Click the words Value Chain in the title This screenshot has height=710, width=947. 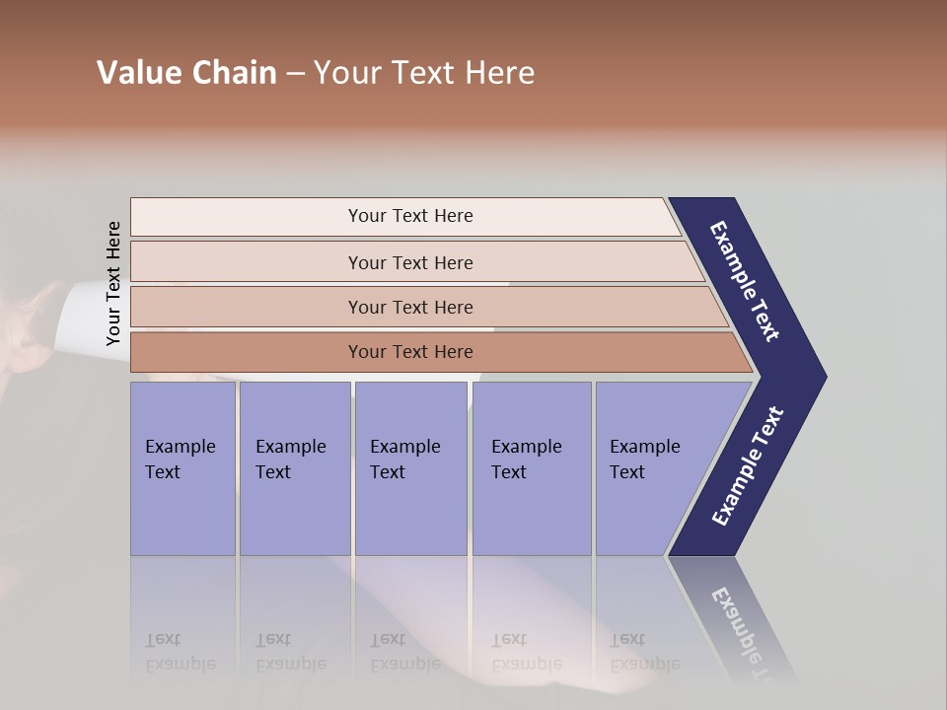186,73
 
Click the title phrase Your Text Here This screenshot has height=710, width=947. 424,73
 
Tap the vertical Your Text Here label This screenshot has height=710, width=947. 113,284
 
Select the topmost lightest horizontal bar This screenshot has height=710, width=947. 409,216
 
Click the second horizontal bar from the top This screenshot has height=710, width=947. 409,262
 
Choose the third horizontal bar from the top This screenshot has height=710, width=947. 409,307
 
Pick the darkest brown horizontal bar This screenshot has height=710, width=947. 409,352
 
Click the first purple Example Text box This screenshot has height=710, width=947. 182,468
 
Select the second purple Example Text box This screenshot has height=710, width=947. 294,468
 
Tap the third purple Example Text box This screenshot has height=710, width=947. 410,468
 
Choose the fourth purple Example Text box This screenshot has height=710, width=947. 531,468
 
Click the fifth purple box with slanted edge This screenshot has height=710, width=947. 651,468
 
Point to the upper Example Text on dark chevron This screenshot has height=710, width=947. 745,281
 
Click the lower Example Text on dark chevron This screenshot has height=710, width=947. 748,465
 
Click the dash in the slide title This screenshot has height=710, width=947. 295,74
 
